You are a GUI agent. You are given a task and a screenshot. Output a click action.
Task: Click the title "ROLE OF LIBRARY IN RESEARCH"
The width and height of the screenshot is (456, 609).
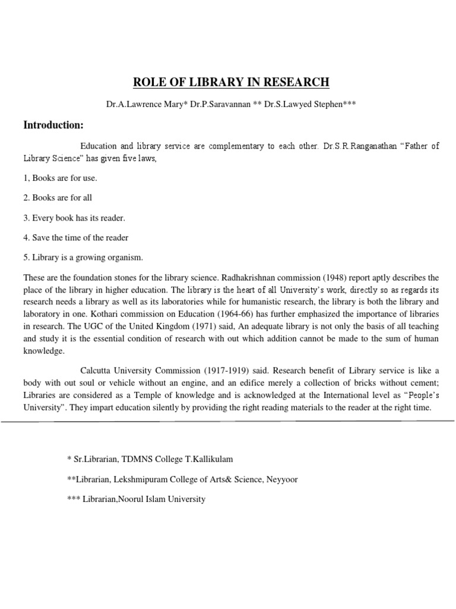pyautogui.click(x=228, y=82)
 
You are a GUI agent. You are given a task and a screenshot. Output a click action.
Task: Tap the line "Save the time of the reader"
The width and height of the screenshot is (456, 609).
pyautogui.click(x=76, y=237)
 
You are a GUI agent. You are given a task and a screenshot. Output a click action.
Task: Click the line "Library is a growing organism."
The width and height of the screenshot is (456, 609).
pyautogui.click(x=83, y=258)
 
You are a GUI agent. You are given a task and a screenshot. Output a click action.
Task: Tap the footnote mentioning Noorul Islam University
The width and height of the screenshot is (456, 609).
pyautogui.click(x=136, y=499)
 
